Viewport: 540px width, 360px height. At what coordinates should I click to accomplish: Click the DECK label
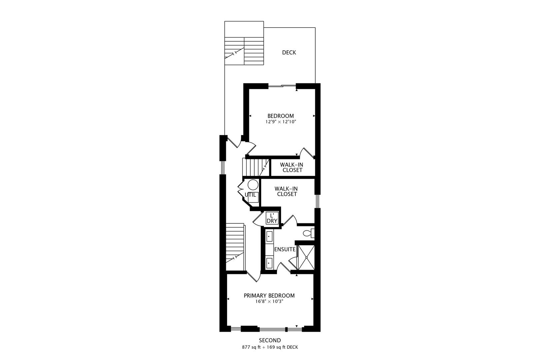click(x=289, y=53)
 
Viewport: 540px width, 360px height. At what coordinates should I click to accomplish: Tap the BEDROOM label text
click(x=281, y=116)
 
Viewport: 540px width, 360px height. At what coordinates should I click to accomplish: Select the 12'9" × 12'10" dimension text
click(x=281, y=122)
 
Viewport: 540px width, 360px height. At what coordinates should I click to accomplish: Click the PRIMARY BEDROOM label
click(x=269, y=296)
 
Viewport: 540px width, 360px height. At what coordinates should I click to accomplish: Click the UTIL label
click(x=250, y=195)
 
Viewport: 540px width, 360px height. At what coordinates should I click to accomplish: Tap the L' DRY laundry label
click(x=272, y=218)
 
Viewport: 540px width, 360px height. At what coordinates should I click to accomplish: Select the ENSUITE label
click(x=285, y=249)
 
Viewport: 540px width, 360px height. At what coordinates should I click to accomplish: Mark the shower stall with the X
click(x=306, y=258)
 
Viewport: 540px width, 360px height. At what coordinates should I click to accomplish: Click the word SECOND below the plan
click(x=270, y=340)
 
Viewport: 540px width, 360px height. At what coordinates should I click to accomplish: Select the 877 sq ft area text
click(x=252, y=347)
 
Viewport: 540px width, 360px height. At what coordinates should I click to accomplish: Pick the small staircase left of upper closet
click(x=255, y=168)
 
